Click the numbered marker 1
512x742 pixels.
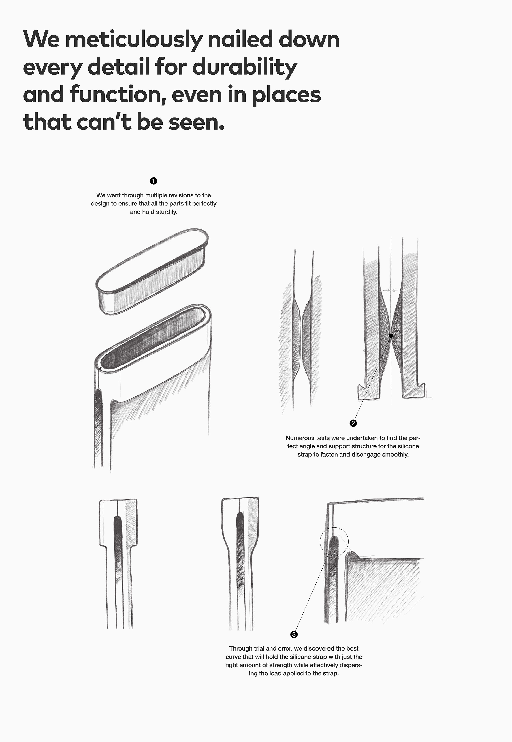point(153,181)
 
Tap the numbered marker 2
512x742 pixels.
point(353,423)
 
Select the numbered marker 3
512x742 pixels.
point(294,634)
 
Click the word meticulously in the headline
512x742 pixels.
point(134,40)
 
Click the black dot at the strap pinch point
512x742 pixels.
point(391,336)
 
